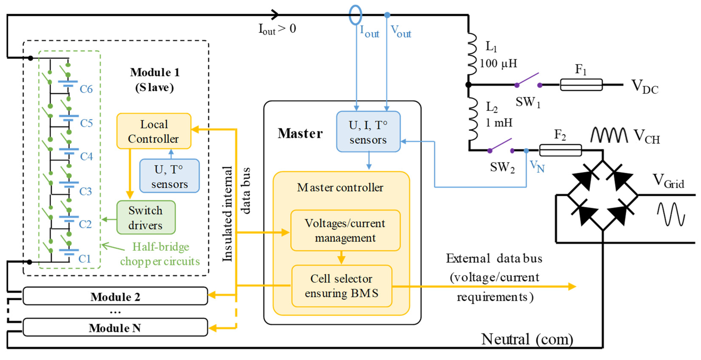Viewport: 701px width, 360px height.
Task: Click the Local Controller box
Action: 154,131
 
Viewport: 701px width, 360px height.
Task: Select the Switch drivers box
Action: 146,217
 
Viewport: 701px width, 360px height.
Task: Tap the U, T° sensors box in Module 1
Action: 169,176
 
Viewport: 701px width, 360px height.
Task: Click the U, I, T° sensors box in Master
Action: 368,132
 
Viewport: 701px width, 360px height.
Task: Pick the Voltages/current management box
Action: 345,230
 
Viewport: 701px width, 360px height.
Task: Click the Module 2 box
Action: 115,296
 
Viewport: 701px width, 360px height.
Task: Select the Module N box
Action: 115,327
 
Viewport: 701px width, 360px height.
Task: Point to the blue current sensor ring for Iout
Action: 355,15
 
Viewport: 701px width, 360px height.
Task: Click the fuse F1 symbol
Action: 581,85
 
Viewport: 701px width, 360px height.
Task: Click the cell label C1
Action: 84,259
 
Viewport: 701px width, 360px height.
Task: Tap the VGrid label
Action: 668,181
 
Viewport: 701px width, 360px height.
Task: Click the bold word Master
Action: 300,134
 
